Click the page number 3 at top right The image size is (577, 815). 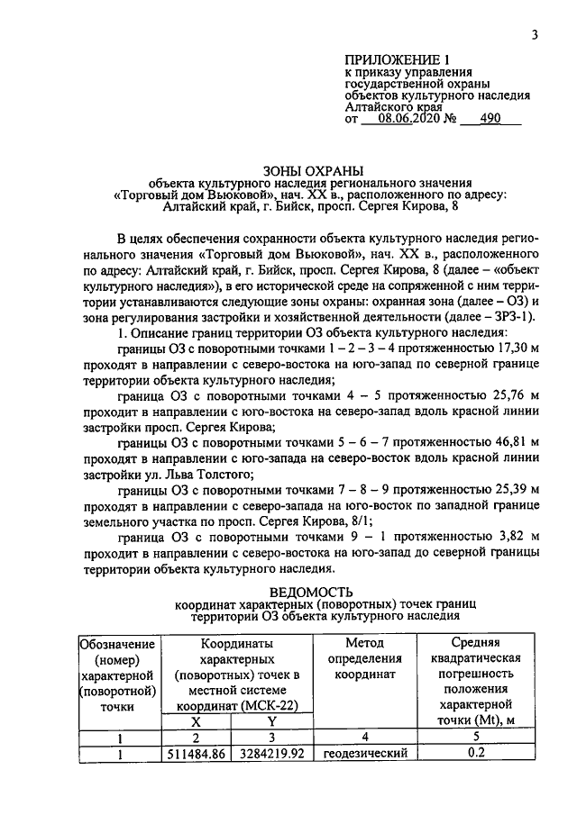535,35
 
